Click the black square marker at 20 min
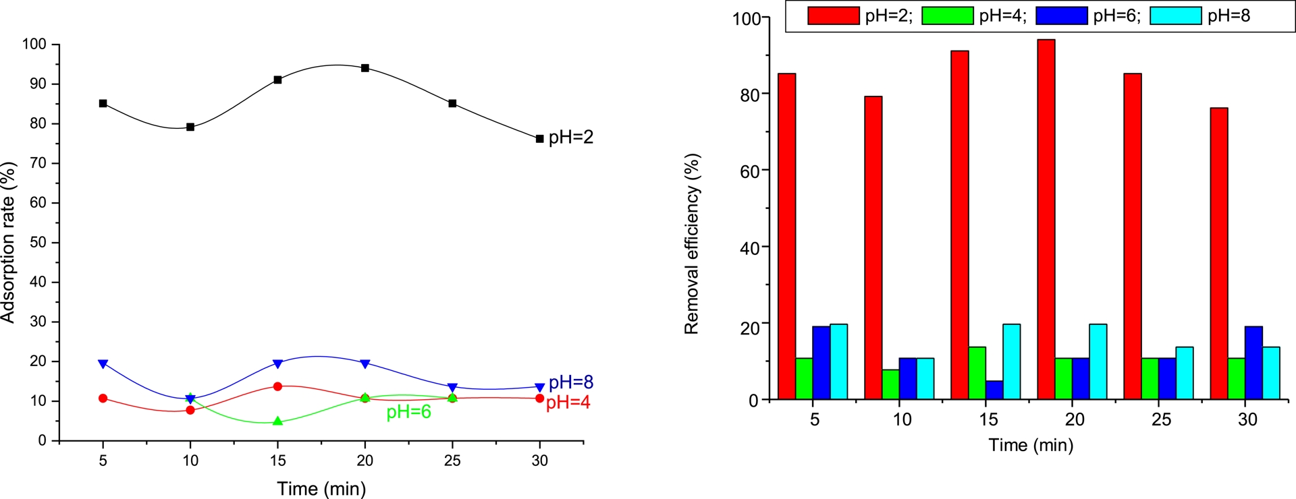click(365, 68)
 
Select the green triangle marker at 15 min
click(277, 421)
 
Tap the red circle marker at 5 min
click(103, 399)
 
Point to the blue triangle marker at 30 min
click(539, 388)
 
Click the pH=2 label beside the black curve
click(570, 138)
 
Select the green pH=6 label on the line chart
click(408, 412)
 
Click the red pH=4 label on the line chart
click(568, 403)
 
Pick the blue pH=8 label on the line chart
click(571, 382)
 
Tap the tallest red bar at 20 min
click(1046, 219)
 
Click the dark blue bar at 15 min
click(994, 390)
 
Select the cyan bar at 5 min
click(839, 362)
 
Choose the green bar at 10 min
click(891, 384)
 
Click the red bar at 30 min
click(1219, 254)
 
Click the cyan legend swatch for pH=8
click(1176, 16)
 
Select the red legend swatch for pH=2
click(834, 16)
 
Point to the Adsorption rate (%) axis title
click(8, 243)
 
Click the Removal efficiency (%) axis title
click(692, 244)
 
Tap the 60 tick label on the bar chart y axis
click(749, 171)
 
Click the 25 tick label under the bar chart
click(1161, 419)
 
